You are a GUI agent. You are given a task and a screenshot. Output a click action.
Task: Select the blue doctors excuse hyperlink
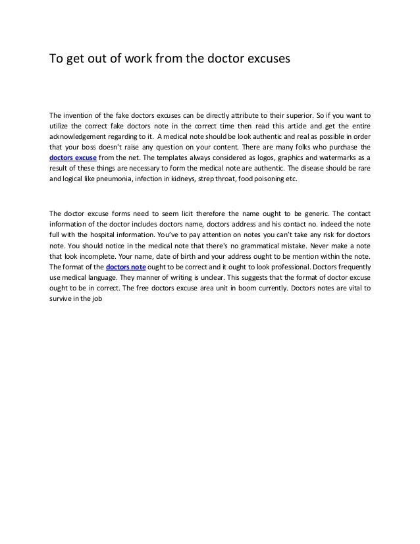(x=73, y=159)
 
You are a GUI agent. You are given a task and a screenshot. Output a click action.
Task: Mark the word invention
(x=84, y=113)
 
